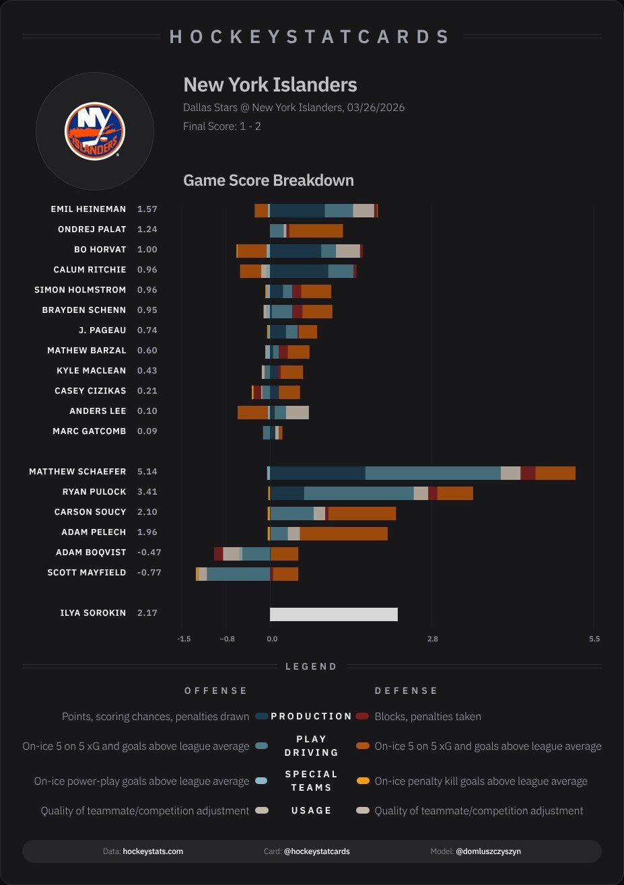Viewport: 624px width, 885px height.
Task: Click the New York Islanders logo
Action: [x=95, y=131]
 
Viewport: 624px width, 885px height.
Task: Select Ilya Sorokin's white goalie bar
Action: [x=334, y=614]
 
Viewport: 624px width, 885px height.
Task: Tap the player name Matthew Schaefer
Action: [x=77, y=471]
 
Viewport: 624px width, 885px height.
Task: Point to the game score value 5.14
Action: [x=147, y=471]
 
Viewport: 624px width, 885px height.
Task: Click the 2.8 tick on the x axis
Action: [x=433, y=639]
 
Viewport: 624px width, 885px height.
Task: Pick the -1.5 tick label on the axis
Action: [x=184, y=639]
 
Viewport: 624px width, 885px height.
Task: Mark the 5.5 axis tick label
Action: [x=594, y=639]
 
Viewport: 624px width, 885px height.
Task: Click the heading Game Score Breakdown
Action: [x=269, y=180]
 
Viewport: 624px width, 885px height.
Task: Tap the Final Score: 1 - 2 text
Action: [x=222, y=127]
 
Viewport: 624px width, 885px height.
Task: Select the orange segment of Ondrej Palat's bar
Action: [x=316, y=231]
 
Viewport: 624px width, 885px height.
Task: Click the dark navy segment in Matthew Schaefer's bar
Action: [x=318, y=473]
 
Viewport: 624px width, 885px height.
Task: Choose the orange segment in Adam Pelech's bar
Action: [x=344, y=534]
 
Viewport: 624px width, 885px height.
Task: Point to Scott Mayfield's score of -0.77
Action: [x=149, y=573]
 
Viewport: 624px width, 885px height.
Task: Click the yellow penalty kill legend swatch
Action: [x=363, y=781]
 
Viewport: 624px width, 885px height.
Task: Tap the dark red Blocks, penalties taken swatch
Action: [x=362, y=716]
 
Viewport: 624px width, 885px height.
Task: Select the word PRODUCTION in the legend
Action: [x=312, y=716]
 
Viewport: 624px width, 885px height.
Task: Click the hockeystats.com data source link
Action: [x=153, y=851]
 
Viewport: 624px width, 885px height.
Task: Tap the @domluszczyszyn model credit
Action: [x=488, y=851]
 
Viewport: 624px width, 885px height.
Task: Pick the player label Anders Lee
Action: [x=98, y=411]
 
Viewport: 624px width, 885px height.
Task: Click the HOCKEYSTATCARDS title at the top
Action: [x=310, y=37]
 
